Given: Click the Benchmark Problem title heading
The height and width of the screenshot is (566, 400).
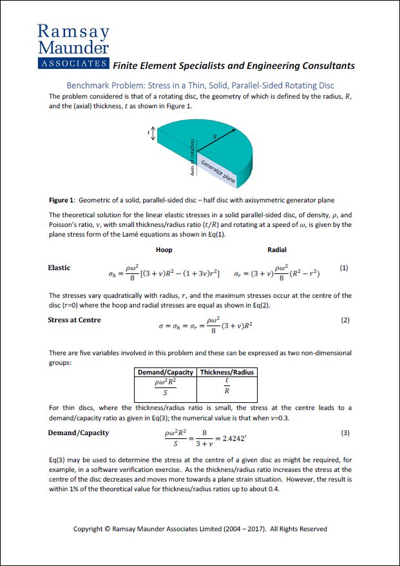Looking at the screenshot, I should tap(200, 85).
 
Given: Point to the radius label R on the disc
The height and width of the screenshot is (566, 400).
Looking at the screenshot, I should tap(214, 136).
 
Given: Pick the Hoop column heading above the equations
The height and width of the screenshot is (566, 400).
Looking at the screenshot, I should tap(164, 249).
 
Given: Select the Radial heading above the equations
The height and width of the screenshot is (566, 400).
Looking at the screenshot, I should tap(277, 249).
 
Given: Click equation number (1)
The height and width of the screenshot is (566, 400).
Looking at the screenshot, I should tap(344, 268).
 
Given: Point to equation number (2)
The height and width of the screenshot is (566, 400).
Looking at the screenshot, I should tap(345, 320).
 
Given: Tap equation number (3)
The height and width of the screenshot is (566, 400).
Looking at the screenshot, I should tap(345, 433).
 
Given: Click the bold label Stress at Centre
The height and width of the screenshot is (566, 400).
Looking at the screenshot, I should tap(74, 320).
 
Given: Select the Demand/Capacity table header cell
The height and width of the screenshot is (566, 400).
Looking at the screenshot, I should tap(165, 372).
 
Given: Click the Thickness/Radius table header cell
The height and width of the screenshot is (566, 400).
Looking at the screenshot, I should tap(227, 372).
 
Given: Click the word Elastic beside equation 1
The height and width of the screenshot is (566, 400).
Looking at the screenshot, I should tap(59, 268).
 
